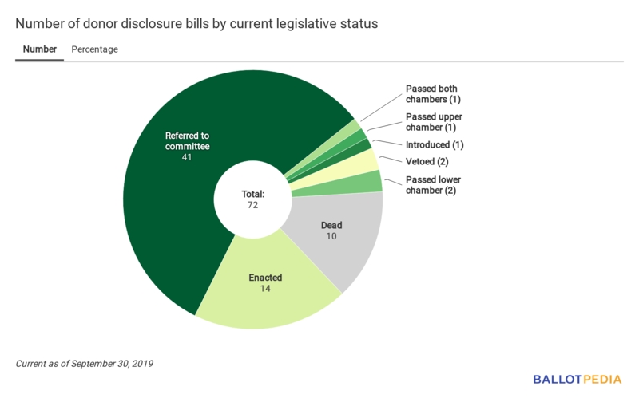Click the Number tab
pyautogui.click(x=40, y=49)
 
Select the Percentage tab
pyautogui.click(x=94, y=49)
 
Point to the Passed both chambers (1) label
pyautogui.click(x=432, y=94)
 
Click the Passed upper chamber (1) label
pyautogui.click(x=434, y=122)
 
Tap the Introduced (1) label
pyautogui.click(x=435, y=145)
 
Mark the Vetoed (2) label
pyautogui.click(x=427, y=162)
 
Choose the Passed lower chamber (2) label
pyautogui.click(x=433, y=185)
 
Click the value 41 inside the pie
pyautogui.click(x=187, y=157)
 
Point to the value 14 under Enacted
pyautogui.click(x=265, y=289)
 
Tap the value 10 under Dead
pyautogui.click(x=331, y=237)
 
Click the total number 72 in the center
pyautogui.click(x=252, y=205)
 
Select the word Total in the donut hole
pyautogui.click(x=252, y=194)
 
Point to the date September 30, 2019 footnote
pyautogui.click(x=112, y=364)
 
